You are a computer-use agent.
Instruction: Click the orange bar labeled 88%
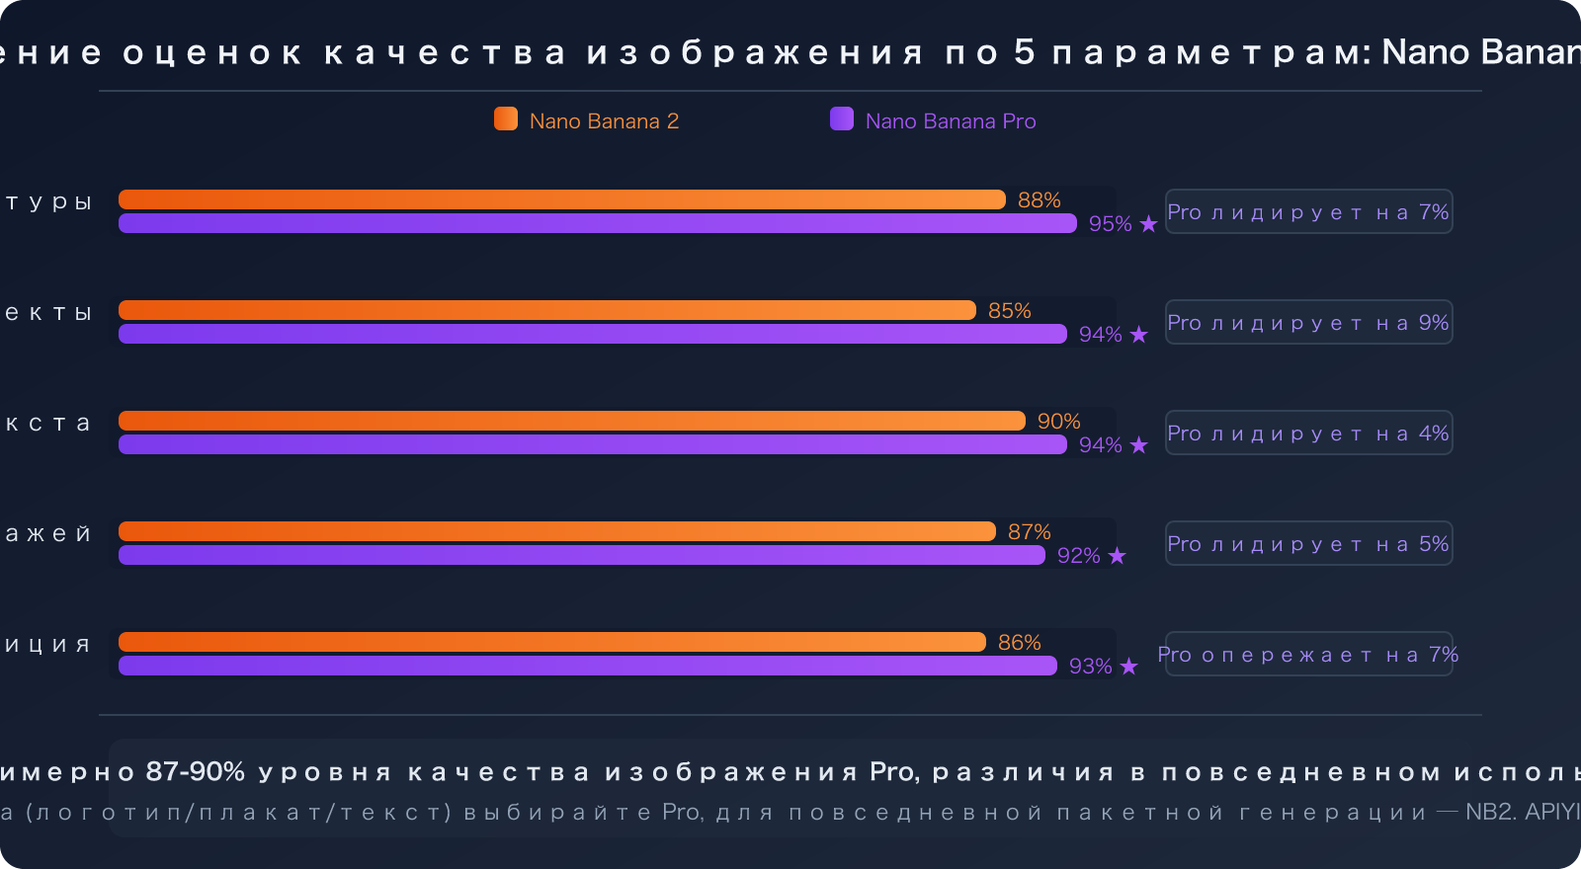coord(561,199)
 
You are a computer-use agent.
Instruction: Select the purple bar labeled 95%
coord(597,223)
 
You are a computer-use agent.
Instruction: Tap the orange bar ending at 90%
coord(571,421)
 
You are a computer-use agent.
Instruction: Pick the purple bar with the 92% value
coord(581,555)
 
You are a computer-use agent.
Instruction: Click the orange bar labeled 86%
coord(551,642)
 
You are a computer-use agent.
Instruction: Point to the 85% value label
coord(1009,311)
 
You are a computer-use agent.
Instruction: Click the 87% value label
coord(1029,532)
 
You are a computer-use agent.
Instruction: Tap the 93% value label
coord(1090,667)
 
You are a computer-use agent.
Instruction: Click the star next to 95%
coord(1148,224)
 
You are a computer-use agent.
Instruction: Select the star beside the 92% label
coord(1117,556)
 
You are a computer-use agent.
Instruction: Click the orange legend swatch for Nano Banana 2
coord(506,119)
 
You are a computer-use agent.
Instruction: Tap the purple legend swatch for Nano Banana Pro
coord(842,119)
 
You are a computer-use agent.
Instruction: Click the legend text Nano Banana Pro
coord(951,121)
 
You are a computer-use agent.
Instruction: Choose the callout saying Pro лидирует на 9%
coord(1308,323)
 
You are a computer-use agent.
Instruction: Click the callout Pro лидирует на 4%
coord(1308,434)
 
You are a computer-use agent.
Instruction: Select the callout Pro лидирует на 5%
coord(1308,544)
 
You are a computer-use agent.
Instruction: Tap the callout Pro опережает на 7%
coord(1308,655)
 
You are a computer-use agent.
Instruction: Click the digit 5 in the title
coord(1024,52)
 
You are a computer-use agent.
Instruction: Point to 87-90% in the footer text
coord(195,772)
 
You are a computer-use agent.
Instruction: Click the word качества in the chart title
coord(445,53)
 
